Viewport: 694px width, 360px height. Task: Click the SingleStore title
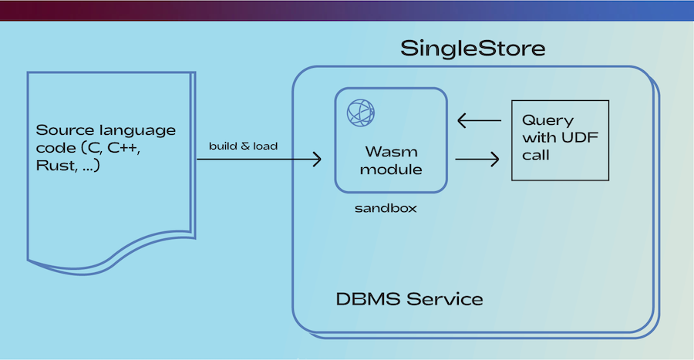(473, 49)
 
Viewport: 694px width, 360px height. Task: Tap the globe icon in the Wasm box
(361, 113)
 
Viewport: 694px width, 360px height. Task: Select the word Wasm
(391, 152)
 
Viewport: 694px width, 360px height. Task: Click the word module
(391, 170)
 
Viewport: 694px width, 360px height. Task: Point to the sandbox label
(386, 208)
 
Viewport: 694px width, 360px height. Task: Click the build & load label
(243, 146)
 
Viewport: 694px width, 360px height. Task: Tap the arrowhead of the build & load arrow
(317, 160)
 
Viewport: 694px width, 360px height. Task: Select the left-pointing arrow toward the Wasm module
(479, 120)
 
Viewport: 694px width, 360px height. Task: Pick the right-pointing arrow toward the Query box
(477, 160)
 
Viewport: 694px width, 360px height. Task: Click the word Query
(548, 120)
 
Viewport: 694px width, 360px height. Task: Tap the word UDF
(580, 137)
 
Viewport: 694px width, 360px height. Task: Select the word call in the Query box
(536, 155)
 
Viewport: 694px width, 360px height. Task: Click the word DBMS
(369, 299)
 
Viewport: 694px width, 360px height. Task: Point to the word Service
(445, 299)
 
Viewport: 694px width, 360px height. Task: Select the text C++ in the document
(124, 148)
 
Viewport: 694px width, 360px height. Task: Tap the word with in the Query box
(539, 137)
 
